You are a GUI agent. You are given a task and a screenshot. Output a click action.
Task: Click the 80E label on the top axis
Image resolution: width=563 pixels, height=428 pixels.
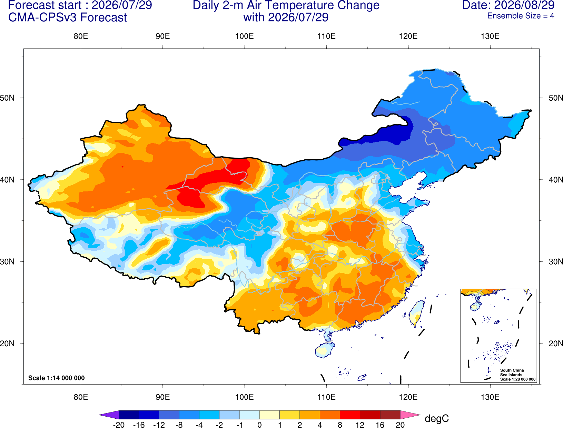click(81, 36)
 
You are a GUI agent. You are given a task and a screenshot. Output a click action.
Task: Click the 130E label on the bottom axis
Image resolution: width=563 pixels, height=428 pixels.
click(490, 397)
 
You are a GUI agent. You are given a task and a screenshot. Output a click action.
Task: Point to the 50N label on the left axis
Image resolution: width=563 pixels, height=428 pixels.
click(7, 98)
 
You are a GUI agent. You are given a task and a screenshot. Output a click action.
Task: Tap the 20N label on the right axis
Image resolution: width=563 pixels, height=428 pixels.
click(555, 344)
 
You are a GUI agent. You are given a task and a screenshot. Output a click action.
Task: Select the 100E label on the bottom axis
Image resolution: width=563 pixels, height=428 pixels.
click(245, 397)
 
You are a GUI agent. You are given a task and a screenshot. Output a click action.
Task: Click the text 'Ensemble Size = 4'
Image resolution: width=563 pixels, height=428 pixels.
click(521, 16)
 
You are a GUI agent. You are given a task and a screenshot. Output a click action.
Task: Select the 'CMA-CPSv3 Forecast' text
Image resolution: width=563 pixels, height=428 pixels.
click(68, 18)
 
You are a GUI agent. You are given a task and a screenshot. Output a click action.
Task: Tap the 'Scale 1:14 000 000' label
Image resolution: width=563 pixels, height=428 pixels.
click(57, 378)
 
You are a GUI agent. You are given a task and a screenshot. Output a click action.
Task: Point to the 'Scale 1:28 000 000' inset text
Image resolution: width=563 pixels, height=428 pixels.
click(517, 379)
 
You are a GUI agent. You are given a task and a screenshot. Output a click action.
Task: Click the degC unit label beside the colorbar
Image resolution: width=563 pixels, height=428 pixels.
click(436, 419)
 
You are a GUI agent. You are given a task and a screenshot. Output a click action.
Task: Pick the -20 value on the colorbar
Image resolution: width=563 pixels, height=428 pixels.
click(119, 425)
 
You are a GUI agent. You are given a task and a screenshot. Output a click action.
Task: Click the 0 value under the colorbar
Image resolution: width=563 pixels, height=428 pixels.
click(259, 425)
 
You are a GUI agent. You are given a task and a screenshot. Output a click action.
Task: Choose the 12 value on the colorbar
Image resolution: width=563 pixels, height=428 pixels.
click(360, 425)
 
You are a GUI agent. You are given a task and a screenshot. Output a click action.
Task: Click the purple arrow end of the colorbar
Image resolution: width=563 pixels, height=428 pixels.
click(109, 415)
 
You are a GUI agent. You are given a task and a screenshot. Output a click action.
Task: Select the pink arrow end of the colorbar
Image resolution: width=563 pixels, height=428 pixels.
click(411, 415)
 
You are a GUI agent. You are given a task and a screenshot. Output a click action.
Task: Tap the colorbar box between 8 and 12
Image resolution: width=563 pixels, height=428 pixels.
click(350, 415)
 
